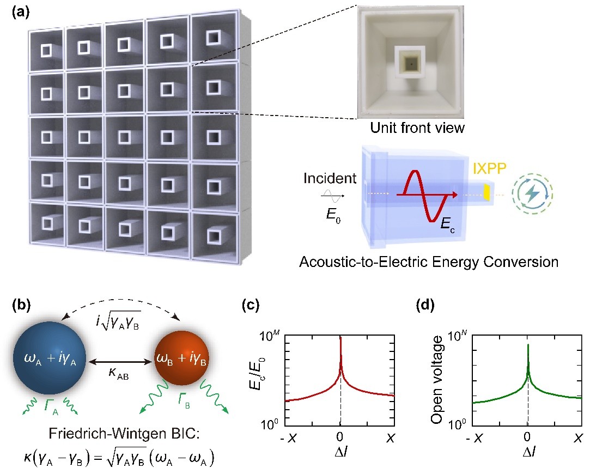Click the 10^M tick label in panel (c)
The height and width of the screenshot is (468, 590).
(x=272, y=336)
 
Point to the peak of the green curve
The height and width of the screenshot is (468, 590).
(x=528, y=345)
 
